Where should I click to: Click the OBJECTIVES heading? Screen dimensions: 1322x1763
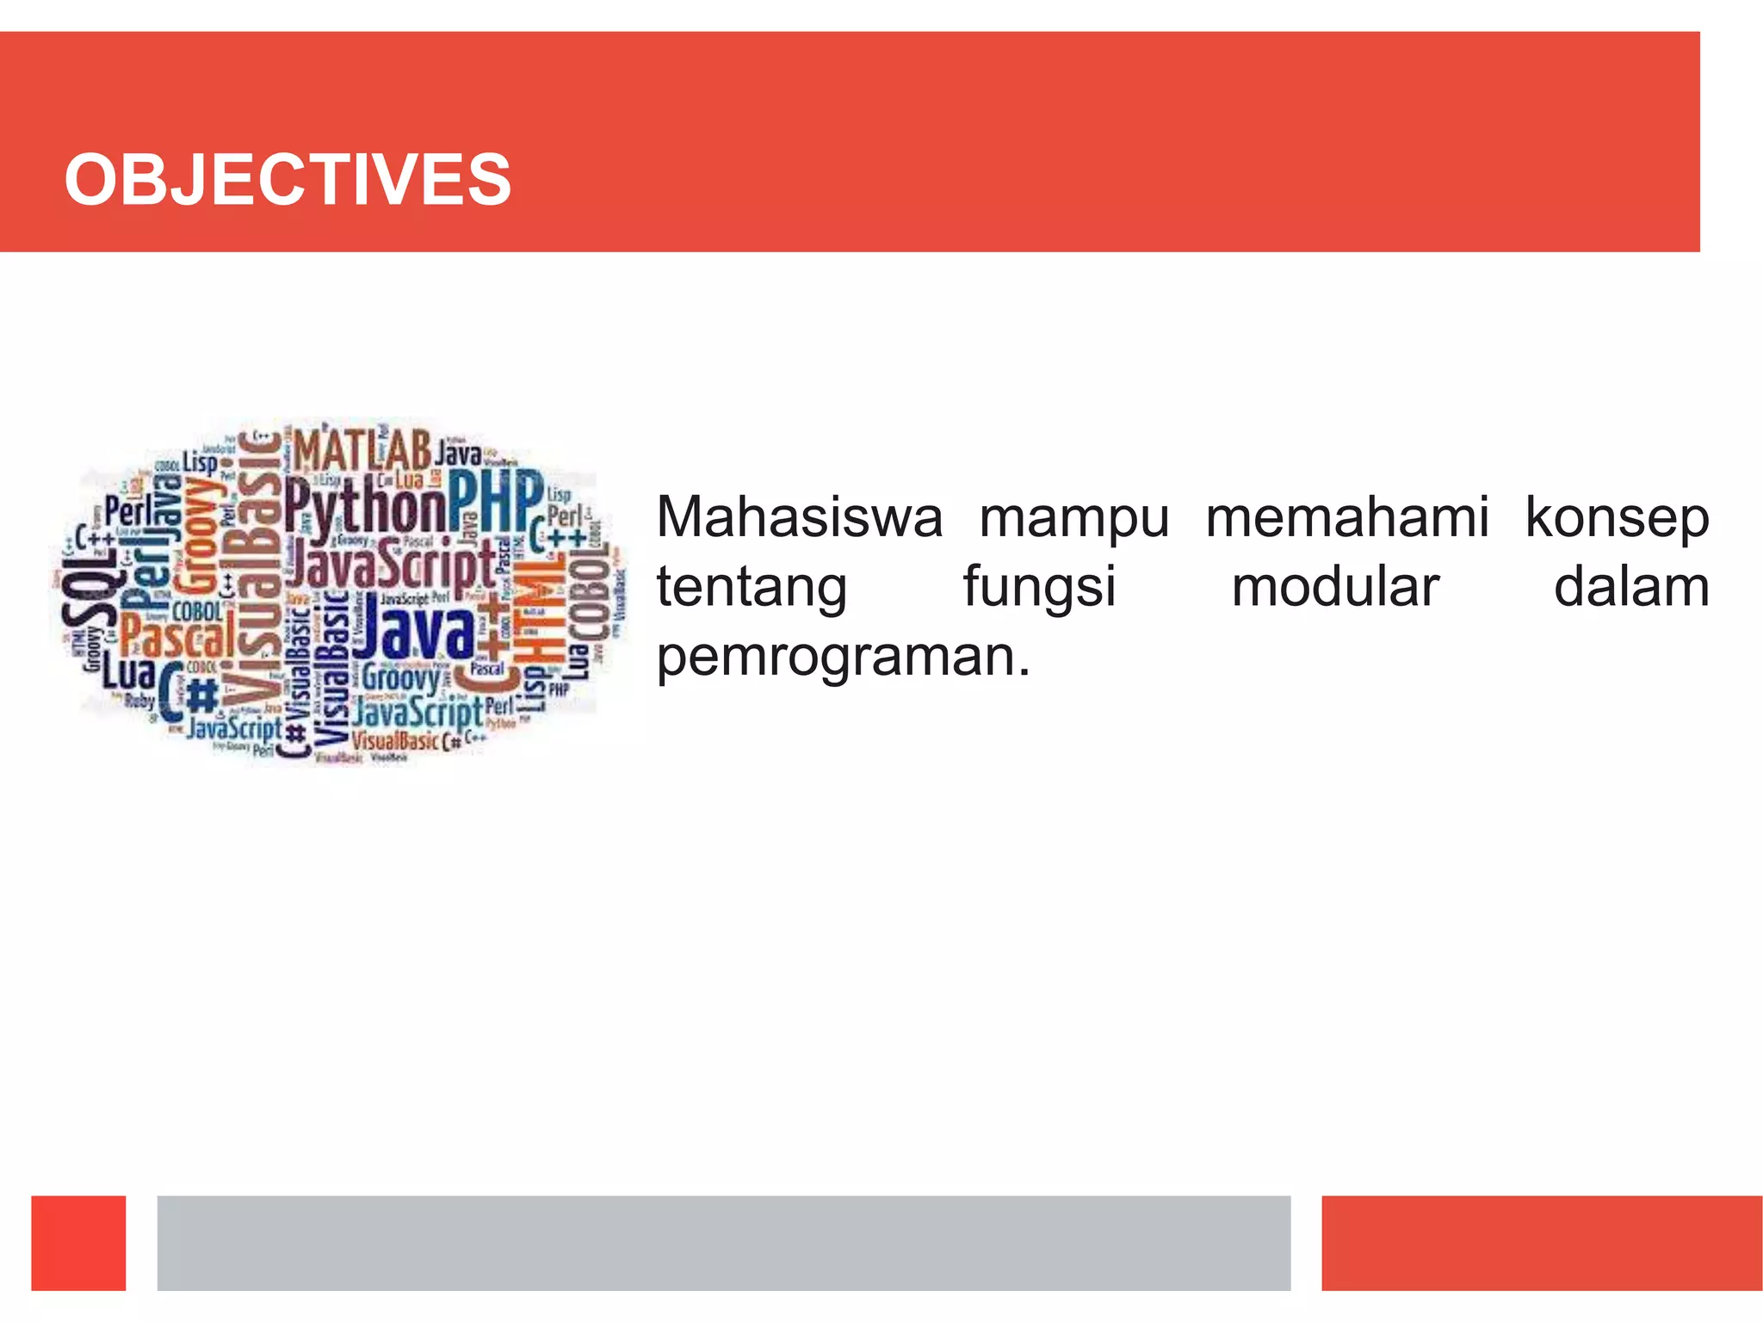pyautogui.click(x=288, y=179)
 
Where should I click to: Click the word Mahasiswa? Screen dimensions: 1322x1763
pyautogui.click(x=800, y=518)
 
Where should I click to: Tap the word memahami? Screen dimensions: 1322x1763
pyautogui.click(x=1347, y=518)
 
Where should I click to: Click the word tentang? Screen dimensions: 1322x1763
pyautogui.click(x=752, y=589)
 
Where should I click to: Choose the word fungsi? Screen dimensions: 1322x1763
pyautogui.click(x=1039, y=589)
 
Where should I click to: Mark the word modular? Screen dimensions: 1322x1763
pyautogui.click(x=1335, y=587)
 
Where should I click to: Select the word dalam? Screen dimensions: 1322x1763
pyautogui.click(x=1631, y=587)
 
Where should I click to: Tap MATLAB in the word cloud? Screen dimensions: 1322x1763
pyautogui.click(x=362, y=449)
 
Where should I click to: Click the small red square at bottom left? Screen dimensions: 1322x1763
pyautogui.click(x=78, y=1242)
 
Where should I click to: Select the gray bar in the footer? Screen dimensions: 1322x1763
pyautogui.click(x=723, y=1242)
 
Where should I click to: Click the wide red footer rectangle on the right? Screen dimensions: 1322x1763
pyautogui.click(x=1541, y=1242)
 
